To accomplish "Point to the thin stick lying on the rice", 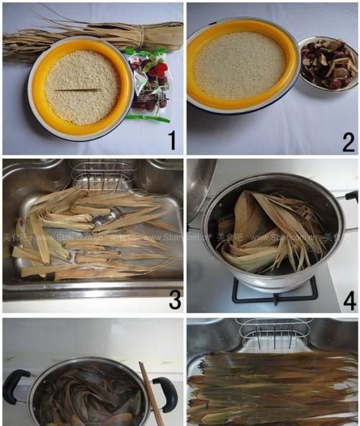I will point(78,90).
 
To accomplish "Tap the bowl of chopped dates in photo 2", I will point(328,65).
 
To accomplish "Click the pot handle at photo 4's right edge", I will point(351,196).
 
